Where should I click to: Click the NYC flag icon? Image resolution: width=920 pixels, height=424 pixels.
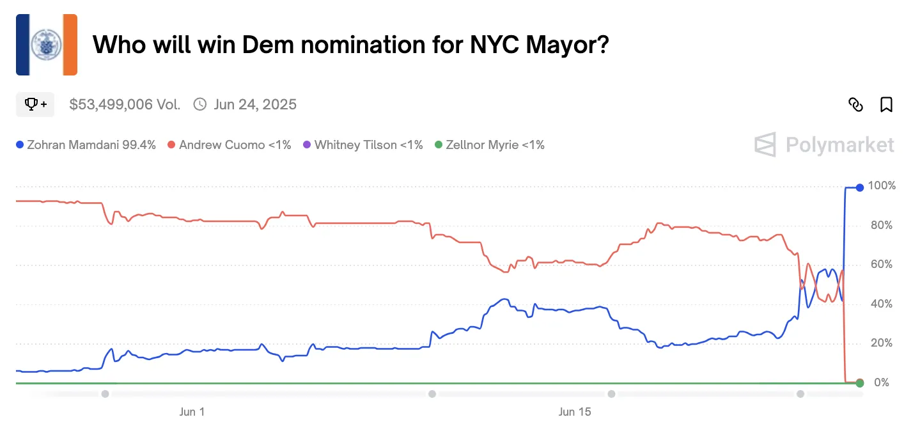[x=46, y=45]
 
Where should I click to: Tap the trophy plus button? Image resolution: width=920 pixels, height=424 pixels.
[x=35, y=104]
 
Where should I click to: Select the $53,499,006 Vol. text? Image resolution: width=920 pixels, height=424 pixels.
[x=125, y=104]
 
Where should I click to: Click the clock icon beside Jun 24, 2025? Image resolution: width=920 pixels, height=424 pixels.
[x=200, y=104]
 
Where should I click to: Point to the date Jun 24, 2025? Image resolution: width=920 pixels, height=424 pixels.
[x=255, y=104]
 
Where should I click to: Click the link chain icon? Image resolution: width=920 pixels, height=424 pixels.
[x=855, y=105]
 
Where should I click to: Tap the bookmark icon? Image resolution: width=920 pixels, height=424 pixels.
[x=886, y=105]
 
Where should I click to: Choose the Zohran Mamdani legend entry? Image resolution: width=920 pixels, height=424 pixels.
[x=86, y=145]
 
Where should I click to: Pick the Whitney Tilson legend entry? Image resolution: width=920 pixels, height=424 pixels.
[x=363, y=145]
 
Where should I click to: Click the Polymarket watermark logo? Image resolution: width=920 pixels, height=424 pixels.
[x=825, y=145]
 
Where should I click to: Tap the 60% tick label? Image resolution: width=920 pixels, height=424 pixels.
[x=882, y=265]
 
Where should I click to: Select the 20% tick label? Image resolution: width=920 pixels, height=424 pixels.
[x=882, y=343]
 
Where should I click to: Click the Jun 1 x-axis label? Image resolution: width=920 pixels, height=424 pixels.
[x=192, y=412]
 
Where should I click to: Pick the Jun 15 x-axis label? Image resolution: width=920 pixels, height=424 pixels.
[x=575, y=412]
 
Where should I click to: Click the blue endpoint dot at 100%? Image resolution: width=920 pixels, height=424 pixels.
[x=860, y=187]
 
